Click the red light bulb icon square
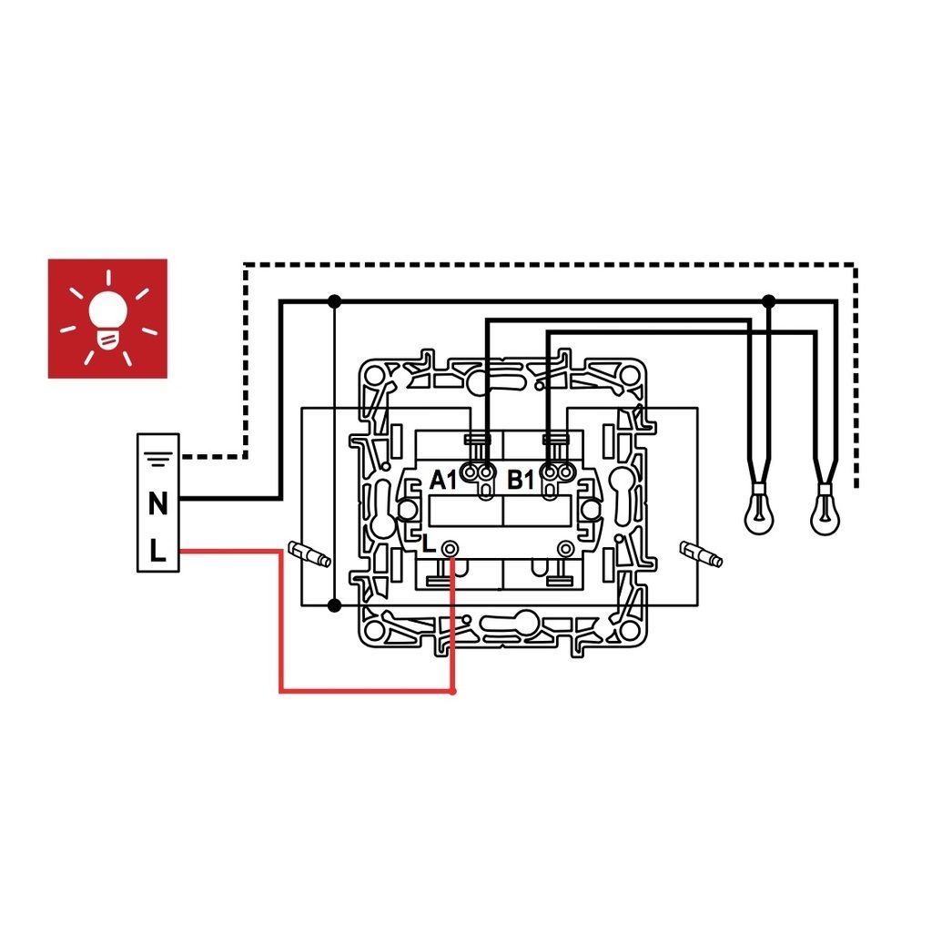pyautogui.click(x=107, y=318)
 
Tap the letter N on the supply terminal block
pyautogui.click(x=157, y=504)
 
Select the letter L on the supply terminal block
pyautogui.click(x=157, y=551)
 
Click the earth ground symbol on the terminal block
pyautogui.click(x=157, y=459)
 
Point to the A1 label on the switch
pyautogui.click(x=443, y=480)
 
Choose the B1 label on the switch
pyautogui.click(x=521, y=480)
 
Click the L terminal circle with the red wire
pyautogui.click(x=451, y=548)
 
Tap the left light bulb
pyautogui.click(x=759, y=509)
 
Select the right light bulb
pyautogui.click(x=825, y=509)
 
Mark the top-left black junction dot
pyautogui.click(x=335, y=301)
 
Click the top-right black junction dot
pyautogui.click(x=769, y=301)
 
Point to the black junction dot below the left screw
pyautogui.click(x=335, y=605)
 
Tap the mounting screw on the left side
pyautogui.click(x=309, y=554)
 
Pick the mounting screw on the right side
pyautogui.click(x=702, y=554)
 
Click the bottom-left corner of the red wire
pyautogui.click(x=281, y=691)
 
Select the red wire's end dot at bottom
pyautogui.click(x=452, y=692)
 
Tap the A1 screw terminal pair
pyautogui.click(x=479, y=473)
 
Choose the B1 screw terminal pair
pyautogui.click(x=557, y=473)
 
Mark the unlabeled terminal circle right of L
pyautogui.click(x=565, y=548)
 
